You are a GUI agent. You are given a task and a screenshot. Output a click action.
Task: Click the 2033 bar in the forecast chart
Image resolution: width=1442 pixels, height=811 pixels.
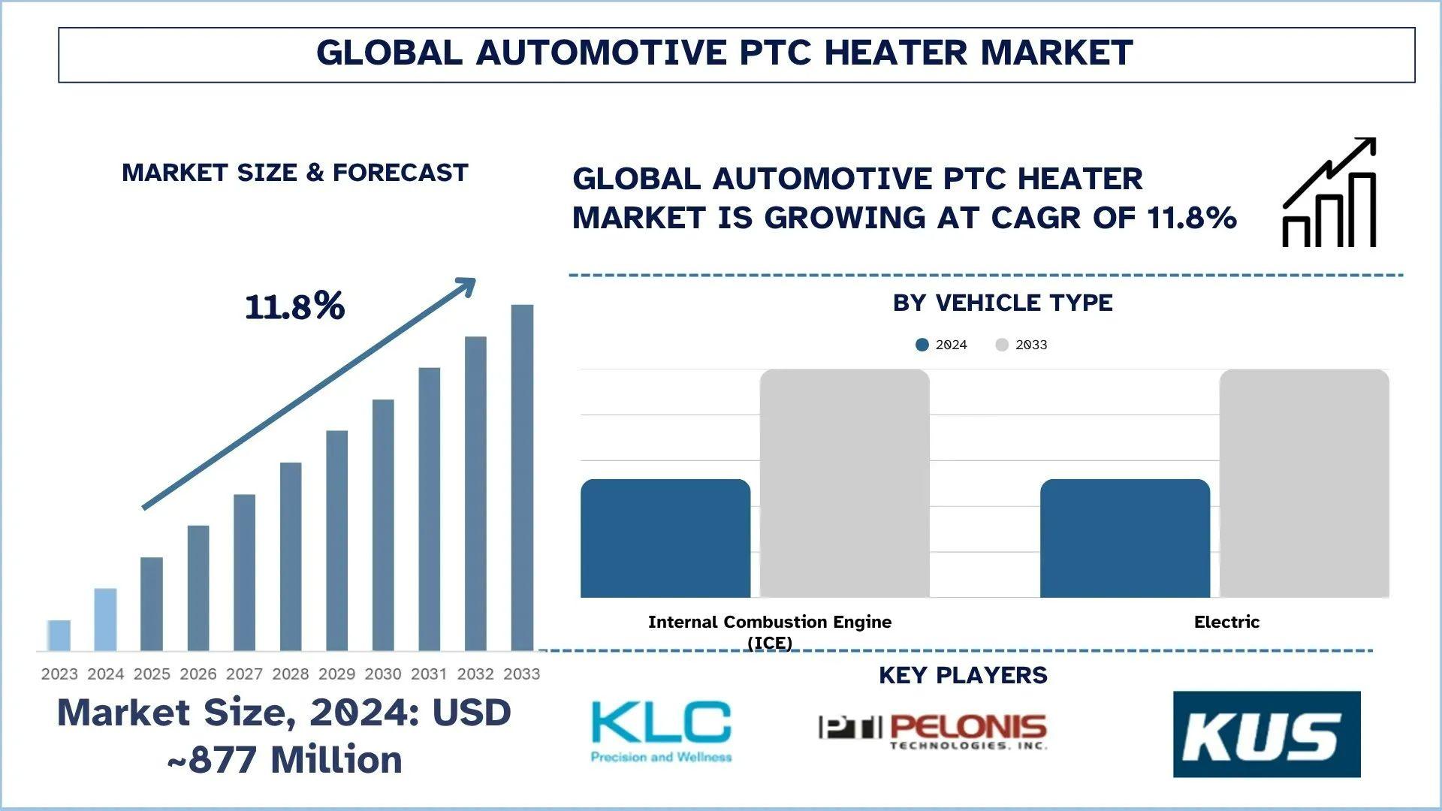(522, 478)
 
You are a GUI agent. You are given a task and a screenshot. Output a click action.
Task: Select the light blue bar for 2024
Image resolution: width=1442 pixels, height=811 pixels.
(105, 620)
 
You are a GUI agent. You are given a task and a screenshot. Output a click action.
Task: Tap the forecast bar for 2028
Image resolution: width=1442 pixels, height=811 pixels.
(291, 556)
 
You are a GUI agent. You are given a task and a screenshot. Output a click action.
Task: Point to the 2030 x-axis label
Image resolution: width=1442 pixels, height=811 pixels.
(383, 674)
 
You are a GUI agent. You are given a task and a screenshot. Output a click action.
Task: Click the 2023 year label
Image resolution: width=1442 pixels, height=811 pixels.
(59, 674)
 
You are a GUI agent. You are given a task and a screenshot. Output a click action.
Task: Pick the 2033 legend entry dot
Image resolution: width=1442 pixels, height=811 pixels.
(1002, 345)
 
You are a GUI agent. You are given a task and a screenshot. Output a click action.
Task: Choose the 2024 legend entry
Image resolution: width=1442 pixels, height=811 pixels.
(942, 345)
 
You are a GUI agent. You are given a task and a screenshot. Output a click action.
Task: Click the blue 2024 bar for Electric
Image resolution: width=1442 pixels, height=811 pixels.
(1125, 538)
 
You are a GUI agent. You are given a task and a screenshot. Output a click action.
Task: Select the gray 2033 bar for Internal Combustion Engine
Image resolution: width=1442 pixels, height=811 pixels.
(845, 484)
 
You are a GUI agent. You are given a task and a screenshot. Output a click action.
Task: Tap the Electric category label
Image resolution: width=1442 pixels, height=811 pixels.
(1226, 622)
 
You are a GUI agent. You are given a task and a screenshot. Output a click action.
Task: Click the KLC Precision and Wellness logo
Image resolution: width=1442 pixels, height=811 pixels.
(661, 731)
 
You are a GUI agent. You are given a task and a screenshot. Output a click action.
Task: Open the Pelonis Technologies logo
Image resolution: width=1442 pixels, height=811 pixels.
(933, 731)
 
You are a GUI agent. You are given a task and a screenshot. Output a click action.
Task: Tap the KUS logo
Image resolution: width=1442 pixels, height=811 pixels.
(1267, 734)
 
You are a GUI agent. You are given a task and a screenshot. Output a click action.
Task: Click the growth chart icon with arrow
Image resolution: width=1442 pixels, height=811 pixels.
(1329, 192)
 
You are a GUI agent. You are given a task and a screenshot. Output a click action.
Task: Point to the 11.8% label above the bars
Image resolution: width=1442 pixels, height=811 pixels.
(295, 306)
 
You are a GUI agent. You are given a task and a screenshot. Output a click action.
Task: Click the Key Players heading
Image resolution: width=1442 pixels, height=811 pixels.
(963, 675)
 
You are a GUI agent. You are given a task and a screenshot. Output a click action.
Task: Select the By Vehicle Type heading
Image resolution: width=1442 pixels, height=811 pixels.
(1003, 303)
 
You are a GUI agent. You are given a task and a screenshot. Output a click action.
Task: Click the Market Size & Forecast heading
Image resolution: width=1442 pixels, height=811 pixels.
(295, 173)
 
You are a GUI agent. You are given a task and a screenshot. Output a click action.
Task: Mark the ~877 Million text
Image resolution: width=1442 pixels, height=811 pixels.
(285, 760)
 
